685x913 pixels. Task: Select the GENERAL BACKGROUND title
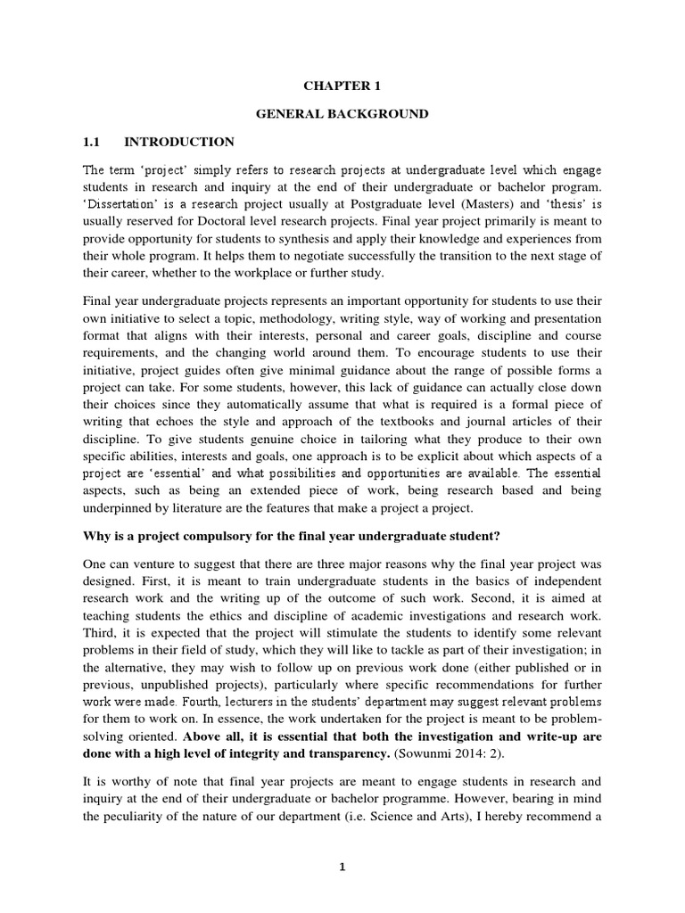(342, 113)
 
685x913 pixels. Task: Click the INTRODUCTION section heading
(179, 142)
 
